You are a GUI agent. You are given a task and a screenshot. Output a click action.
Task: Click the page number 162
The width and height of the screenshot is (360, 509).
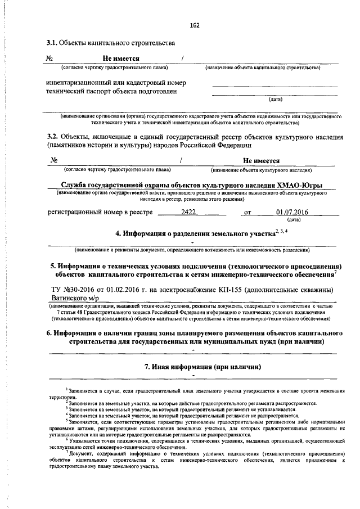click(195, 26)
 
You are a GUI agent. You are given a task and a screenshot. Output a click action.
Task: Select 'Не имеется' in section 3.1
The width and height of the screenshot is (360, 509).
click(121, 58)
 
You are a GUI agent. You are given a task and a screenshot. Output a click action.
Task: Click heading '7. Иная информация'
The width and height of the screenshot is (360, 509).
click(194, 367)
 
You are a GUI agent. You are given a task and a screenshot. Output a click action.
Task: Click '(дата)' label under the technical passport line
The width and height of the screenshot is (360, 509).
click(275, 100)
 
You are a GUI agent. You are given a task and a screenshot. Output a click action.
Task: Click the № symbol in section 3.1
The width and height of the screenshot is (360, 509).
click(49, 58)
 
